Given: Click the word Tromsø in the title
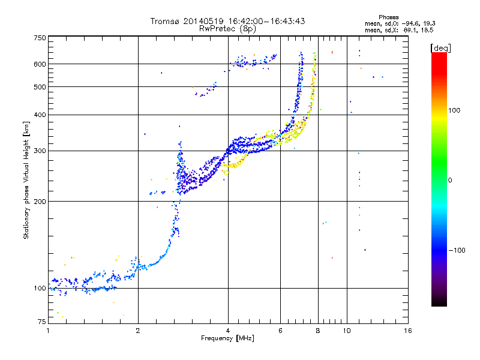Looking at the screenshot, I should click(166, 21).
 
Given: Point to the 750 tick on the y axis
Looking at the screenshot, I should click(40, 37).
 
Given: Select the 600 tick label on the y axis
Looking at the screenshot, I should click(40, 64).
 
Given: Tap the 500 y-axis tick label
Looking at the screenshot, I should click(40, 86).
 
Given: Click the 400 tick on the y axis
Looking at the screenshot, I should click(40, 115).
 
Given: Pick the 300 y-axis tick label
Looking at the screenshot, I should click(40, 151).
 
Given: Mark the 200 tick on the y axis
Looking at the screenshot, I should click(40, 201).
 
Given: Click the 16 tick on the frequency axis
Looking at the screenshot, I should click(407, 331).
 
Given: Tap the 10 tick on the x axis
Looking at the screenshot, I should click(346, 331).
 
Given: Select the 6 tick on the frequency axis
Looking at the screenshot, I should click(280, 331).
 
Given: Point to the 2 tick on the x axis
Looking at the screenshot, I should click(138, 331).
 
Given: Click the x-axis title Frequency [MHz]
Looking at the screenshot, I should click(227, 339).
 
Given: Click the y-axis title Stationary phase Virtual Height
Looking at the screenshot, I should click(26, 180).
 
